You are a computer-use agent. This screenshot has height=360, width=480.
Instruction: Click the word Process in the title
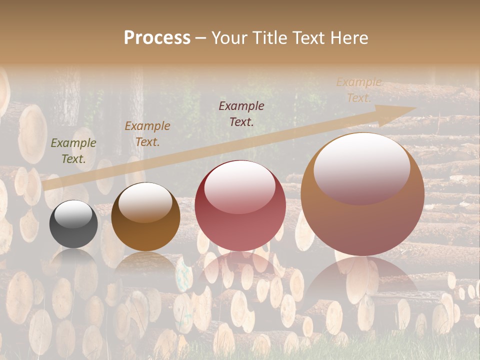pyautogui.click(x=157, y=38)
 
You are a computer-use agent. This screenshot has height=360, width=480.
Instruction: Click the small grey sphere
pyautogui.click(x=73, y=224)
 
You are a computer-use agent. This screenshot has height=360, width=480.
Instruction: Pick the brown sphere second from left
pyautogui.click(x=145, y=217)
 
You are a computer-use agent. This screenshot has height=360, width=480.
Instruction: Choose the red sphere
pyautogui.click(x=240, y=205)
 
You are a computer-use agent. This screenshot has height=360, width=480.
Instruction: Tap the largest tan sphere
pyautogui.click(x=362, y=194)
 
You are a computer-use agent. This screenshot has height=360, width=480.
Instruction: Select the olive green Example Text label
pyautogui.click(x=73, y=151)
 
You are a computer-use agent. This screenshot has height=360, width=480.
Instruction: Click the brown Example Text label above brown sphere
pyautogui.click(x=147, y=134)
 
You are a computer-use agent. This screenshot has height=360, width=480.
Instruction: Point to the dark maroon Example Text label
pyautogui.click(x=241, y=113)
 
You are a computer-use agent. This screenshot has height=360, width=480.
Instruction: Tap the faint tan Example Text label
pyautogui.click(x=359, y=90)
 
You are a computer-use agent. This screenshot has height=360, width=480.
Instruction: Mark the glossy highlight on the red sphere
pyautogui.click(x=240, y=187)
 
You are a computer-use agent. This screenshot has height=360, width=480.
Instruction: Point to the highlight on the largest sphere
pyautogui.click(x=362, y=168)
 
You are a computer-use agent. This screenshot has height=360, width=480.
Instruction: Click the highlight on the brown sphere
pyautogui.click(x=145, y=202)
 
